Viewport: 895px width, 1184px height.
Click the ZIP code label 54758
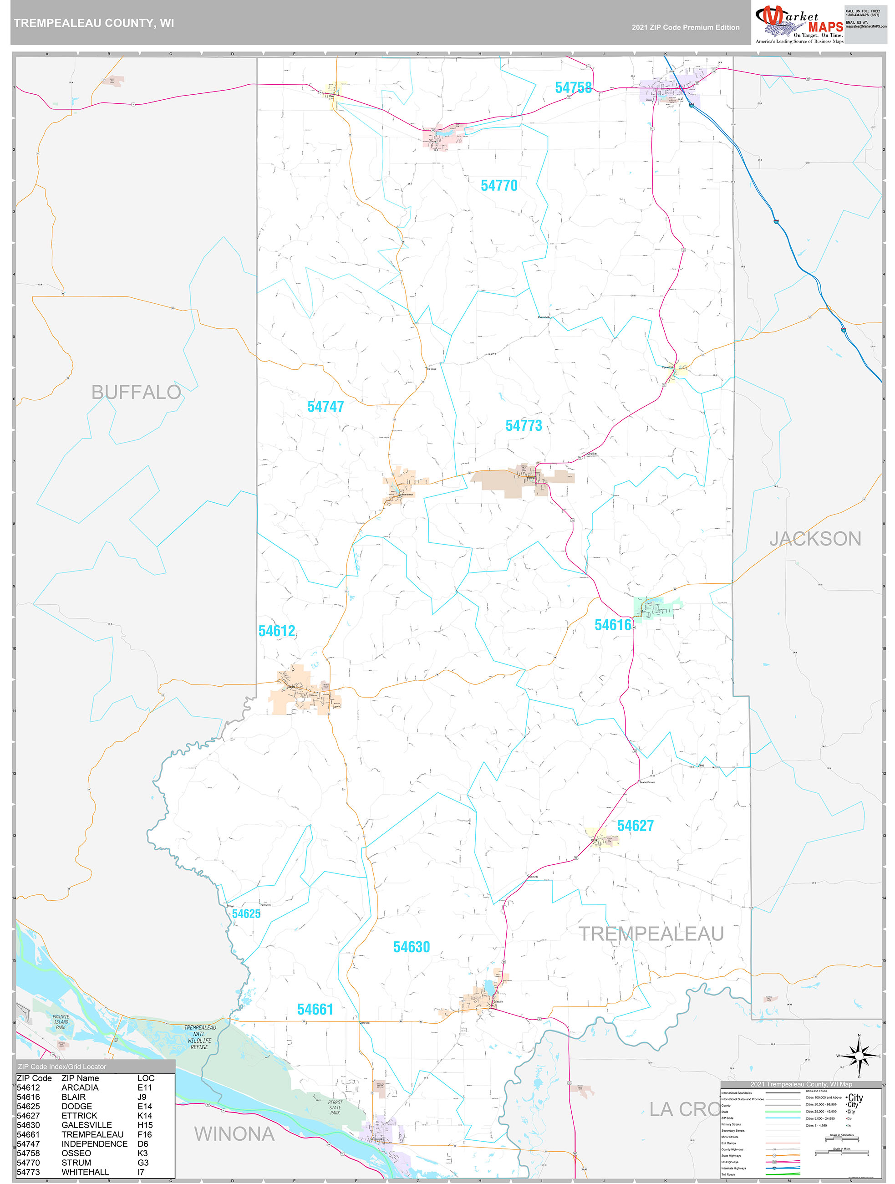click(x=573, y=87)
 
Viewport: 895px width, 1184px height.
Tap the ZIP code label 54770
click(x=498, y=186)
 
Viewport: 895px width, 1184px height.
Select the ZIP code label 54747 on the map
click(x=325, y=407)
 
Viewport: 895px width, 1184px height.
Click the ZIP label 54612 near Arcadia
click(x=277, y=631)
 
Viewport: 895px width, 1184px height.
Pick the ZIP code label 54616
click(x=613, y=625)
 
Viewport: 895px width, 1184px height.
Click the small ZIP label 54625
click(x=246, y=914)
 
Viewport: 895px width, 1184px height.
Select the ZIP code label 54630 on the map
click(x=411, y=947)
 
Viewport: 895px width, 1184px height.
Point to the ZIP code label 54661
click(x=315, y=1010)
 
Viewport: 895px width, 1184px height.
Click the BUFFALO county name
click(x=136, y=393)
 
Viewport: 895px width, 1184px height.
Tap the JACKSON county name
click(x=815, y=538)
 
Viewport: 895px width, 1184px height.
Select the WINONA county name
click(x=234, y=1134)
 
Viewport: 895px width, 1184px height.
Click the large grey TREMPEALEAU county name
click(x=651, y=934)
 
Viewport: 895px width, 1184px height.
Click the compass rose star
click(x=859, y=1056)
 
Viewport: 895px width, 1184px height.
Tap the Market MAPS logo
click(x=798, y=24)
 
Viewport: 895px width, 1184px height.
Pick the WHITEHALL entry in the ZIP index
click(x=85, y=1172)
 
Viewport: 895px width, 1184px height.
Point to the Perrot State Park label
click(x=335, y=1107)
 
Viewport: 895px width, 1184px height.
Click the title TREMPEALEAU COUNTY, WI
click(x=94, y=23)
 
